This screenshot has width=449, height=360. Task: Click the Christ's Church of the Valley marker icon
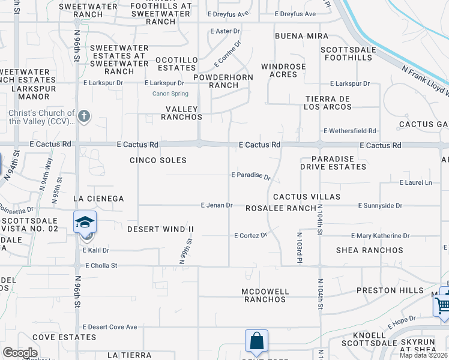[84, 116]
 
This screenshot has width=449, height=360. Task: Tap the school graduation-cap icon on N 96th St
[85, 222]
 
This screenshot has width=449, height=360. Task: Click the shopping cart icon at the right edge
[443, 305]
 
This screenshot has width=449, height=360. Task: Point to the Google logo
[20, 353]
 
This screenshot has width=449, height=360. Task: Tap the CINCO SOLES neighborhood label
[158, 160]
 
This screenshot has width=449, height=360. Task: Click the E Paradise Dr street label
[252, 176]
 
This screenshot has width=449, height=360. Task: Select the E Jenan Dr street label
[216, 205]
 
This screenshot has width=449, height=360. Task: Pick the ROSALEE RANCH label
[281, 208]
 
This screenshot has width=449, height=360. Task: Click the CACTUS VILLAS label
[307, 197]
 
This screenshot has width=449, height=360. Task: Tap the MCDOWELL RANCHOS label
[265, 295]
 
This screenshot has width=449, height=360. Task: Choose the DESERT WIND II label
[161, 229]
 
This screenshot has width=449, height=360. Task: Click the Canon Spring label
[169, 93]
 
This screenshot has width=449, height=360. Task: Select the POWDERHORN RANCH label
[223, 81]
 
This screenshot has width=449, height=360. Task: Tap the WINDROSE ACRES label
[283, 70]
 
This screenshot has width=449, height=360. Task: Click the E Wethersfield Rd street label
[349, 131]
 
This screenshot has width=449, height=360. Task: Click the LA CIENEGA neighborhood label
[98, 199]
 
